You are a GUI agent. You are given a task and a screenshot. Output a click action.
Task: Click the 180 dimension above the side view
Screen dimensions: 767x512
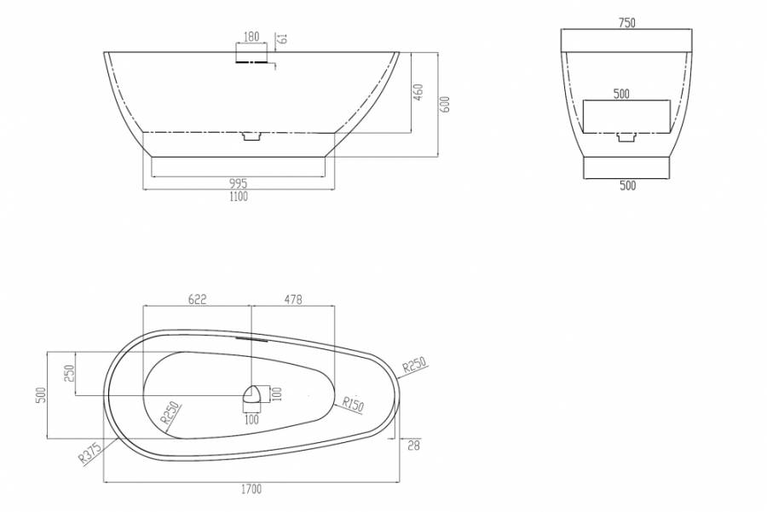point(251,37)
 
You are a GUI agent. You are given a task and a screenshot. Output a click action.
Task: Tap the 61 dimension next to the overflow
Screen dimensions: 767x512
point(283,37)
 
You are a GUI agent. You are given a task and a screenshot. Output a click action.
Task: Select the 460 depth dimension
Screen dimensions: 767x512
point(418,92)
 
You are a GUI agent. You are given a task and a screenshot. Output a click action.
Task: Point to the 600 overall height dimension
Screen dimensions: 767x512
point(445,104)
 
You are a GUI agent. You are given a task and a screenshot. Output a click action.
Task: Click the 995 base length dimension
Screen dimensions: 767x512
point(239,184)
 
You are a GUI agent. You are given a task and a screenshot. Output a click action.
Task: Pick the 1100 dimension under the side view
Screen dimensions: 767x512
point(239,197)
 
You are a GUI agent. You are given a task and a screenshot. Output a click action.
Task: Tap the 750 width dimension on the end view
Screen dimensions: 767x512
point(626,23)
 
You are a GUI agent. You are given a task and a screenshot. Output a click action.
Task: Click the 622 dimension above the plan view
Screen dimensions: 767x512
point(197,299)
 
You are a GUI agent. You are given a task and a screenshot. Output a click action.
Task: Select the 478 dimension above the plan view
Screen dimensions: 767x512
point(293,299)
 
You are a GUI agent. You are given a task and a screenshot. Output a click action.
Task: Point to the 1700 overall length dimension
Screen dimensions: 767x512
point(251,489)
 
